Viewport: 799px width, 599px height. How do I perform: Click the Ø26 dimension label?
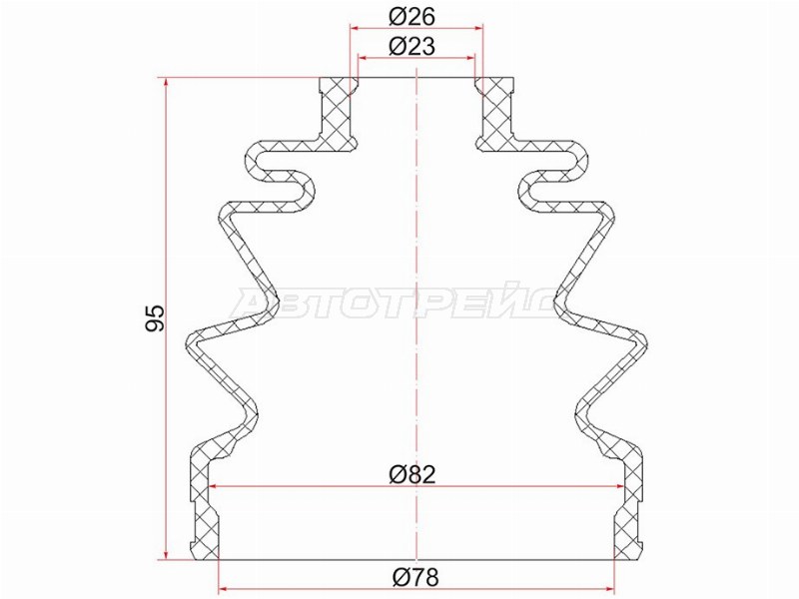411,17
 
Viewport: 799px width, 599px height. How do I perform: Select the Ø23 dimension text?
411,47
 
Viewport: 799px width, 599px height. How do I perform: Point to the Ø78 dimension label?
415,578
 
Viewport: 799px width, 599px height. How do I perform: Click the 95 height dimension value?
155,318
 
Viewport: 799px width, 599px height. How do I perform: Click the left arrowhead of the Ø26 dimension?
356,28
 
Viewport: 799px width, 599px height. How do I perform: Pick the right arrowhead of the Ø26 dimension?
478,28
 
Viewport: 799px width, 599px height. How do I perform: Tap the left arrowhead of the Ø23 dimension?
364,58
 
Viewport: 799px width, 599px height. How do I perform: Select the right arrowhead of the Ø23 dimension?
469,58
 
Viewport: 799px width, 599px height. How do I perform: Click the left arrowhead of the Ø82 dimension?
216,486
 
